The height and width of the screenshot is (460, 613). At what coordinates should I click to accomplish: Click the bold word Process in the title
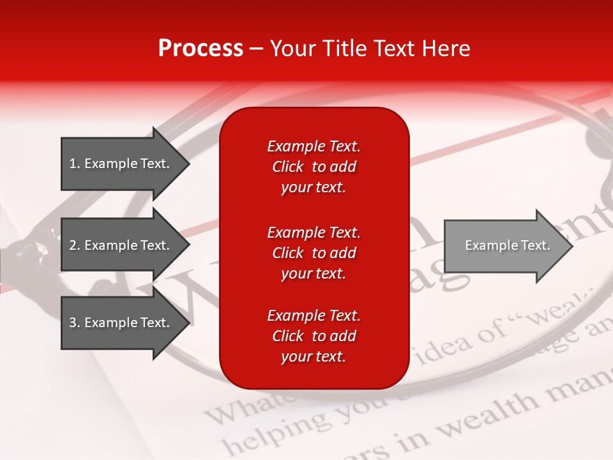coord(201,48)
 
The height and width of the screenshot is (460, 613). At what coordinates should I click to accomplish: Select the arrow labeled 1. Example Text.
coord(121,164)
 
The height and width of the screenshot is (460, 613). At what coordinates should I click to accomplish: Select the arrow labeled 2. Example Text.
coord(121,245)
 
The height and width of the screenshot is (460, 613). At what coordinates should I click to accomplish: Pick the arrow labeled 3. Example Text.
coord(121,323)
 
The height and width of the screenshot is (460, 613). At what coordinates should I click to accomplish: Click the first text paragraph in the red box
coord(314,167)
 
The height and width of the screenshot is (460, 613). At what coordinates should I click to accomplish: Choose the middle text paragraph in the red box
coord(314,253)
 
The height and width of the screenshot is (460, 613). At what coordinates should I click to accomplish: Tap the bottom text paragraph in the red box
coord(314,336)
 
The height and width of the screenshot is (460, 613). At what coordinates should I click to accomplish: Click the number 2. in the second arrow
coord(75,245)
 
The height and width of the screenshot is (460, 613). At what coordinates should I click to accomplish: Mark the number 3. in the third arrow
coord(75,323)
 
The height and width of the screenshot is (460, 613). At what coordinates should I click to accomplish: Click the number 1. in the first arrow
coord(75,164)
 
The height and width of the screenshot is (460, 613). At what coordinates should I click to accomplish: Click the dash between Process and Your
coord(257,49)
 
